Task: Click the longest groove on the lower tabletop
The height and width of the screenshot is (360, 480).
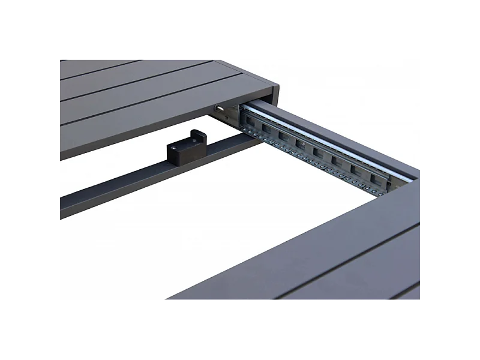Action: (348, 258)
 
